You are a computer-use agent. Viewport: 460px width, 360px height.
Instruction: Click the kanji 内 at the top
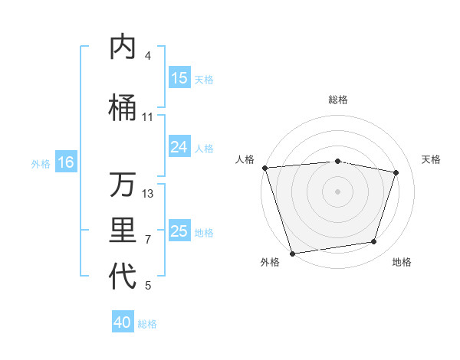pyautogui.click(x=123, y=47)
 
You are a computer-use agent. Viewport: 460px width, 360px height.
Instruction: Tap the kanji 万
pyautogui.click(x=123, y=185)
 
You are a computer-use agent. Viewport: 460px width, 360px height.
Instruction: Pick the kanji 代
pyautogui.click(x=123, y=277)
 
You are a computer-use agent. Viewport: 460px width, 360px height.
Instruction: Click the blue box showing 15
pyautogui.click(x=179, y=78)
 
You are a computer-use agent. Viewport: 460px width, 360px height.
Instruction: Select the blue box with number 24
pyautogui.click(x=179, y=147)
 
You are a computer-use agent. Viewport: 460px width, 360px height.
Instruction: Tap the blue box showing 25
pyautogui.click(x=179, y=231)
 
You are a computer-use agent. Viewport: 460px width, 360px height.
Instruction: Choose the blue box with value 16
pyautogui.click(x=65, y=162)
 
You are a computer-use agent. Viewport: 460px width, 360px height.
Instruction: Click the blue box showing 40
pyautogui.click(x=123, y=322)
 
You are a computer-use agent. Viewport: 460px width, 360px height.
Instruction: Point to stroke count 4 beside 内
pyautogui.click(x=148, y=56)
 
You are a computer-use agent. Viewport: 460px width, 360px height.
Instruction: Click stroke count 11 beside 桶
pyautogui.click(x=148, y=116)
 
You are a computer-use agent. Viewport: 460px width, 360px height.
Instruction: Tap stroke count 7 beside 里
pyautogui.click(x=148, y=239)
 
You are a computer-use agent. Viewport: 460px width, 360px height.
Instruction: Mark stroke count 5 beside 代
pyautogui.click(x=148, y=286)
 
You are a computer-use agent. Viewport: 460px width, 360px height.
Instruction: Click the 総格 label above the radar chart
pyautogui.click(x=337, y=100)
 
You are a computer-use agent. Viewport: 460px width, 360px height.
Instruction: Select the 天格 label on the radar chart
pyautogui.click(x=432, y=159)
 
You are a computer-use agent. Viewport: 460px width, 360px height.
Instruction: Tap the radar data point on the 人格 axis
pyautogui.click(x=264, y=168)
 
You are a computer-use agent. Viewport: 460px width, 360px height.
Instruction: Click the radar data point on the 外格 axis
pyautogui.click(x=292, y=252)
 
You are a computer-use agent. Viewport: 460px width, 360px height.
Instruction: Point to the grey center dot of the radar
pyautogui.click(x=337, y=191)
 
